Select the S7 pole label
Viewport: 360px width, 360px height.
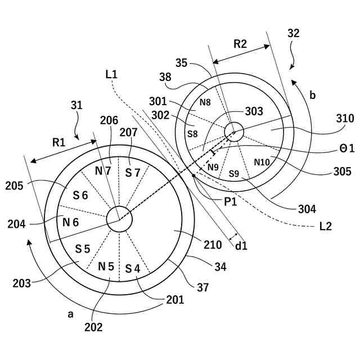(133, 172)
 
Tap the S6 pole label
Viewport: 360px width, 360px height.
(80, 195)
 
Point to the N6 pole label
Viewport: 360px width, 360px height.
(70, 222)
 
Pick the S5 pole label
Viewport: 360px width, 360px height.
(83, 248)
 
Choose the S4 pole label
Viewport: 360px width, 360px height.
(132, 268)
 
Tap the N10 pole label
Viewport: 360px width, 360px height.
(262, 162)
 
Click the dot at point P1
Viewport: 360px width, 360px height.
(193, 175)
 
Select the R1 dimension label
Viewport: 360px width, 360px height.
(59, 142)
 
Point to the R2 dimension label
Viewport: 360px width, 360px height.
(240, 43)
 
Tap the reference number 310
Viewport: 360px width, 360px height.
(344, 119)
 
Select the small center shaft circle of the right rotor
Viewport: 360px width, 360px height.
(233, 132)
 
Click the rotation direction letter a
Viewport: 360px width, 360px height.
(71, 314)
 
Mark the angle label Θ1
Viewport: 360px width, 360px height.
(345, 148)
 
